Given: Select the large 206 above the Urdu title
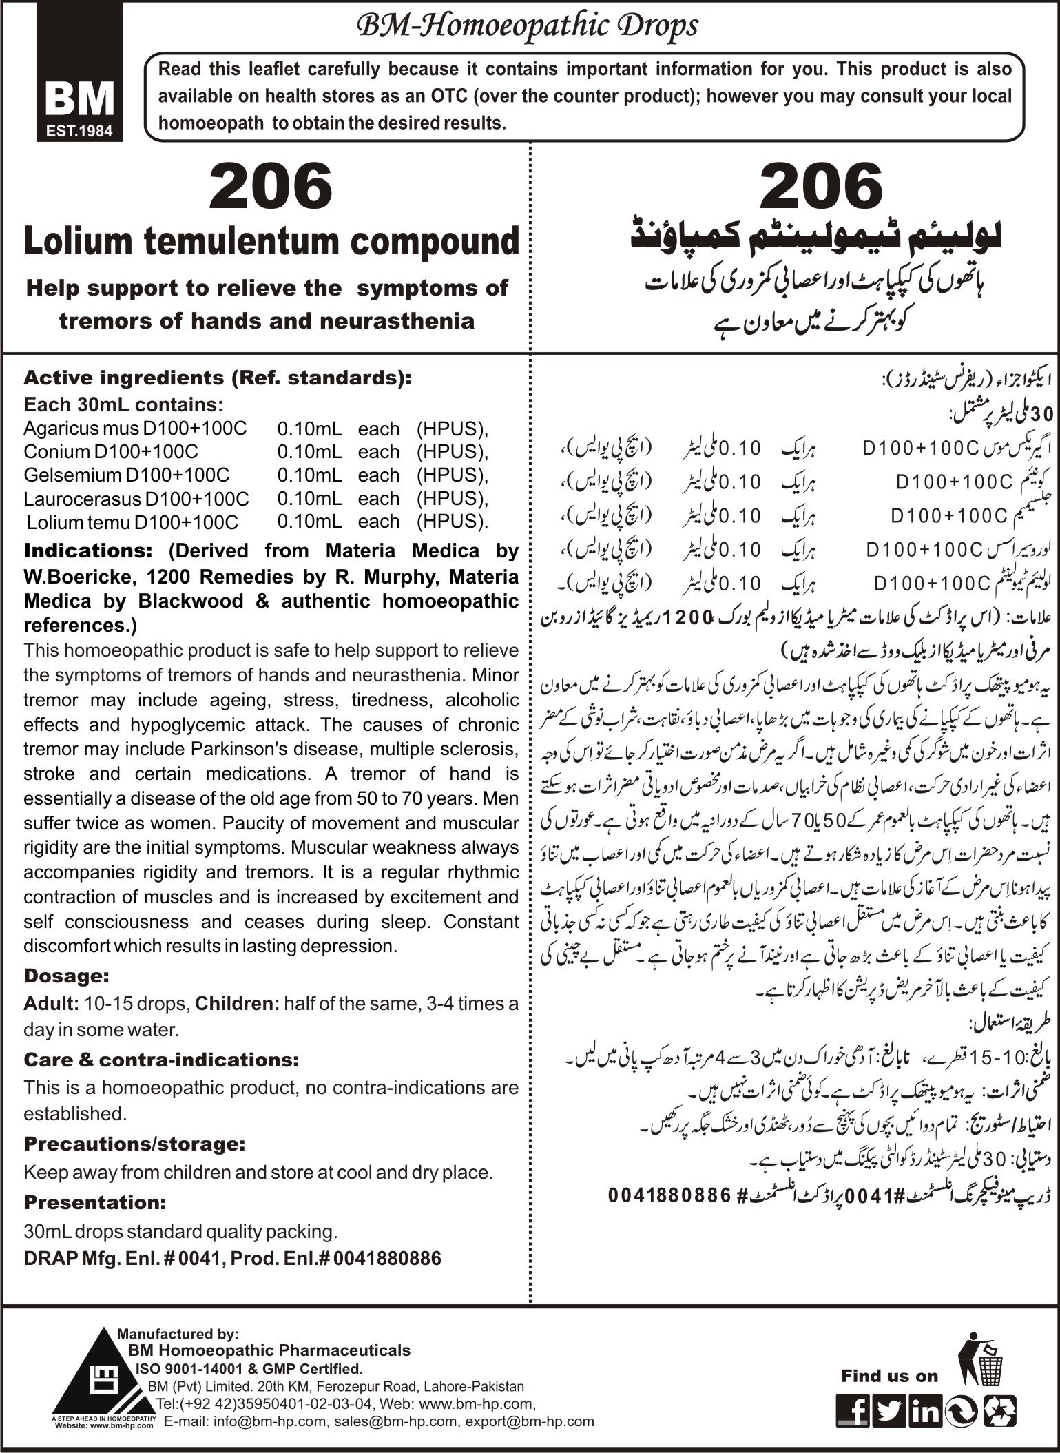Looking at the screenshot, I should point(822,186).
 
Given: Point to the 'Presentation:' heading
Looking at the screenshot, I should point(95,1202).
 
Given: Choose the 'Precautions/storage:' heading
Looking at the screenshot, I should point(134,1144).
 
